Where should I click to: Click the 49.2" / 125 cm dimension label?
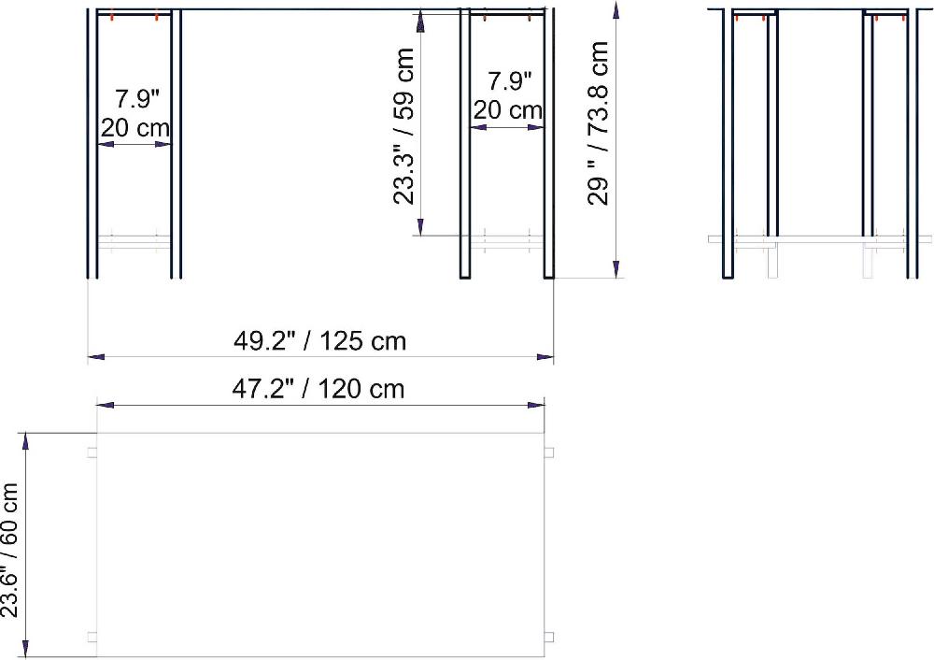click(x=319, y=341)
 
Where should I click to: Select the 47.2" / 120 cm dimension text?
click(x=318, y=389)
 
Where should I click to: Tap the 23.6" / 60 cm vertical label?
click(x=10, y=551)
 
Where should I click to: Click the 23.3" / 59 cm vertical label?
click(x=403, y=126)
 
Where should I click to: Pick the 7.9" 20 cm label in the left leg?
click(x=135, y=113)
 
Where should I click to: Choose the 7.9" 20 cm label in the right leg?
click(x=507, y=95)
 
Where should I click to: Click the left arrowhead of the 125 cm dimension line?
click(x=96, y=356)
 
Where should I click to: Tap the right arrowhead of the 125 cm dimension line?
click(x=545, y=356)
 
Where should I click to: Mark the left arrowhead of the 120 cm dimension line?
click(x=106, y=406)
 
